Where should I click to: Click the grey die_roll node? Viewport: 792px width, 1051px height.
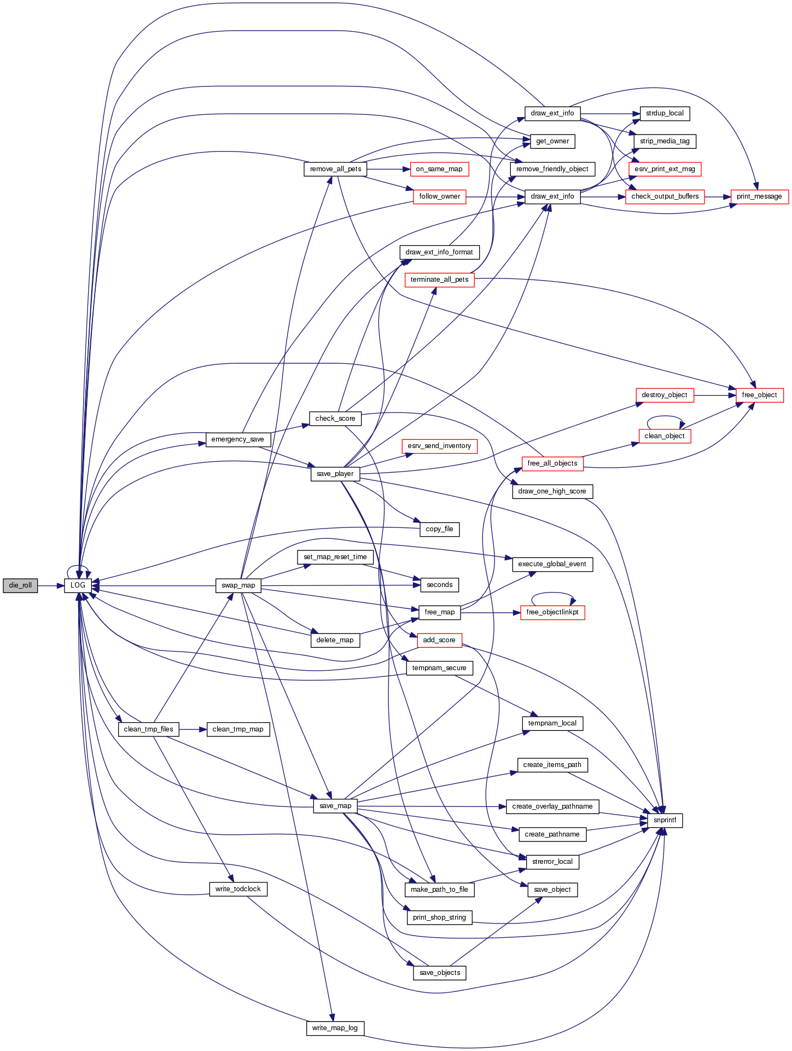coord(20,585)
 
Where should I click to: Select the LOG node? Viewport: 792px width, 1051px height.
coord(78,585)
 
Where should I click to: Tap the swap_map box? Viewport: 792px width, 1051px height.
coord(238,585)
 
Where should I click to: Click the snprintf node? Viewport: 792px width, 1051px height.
coord(665,820)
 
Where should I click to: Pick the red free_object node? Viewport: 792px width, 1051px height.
coord(759,395)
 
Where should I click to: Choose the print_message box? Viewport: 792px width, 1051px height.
coord(759,196)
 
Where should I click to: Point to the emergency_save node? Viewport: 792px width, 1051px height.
coord(237,439)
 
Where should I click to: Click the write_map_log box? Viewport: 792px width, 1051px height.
coord(335,1028)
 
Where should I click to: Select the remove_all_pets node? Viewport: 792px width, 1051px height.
coord(335,169)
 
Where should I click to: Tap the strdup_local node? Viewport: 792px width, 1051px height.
coord(665,113)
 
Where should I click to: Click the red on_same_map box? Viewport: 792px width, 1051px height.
coord(439,169)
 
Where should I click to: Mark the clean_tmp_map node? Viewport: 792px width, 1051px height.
coord(238,729)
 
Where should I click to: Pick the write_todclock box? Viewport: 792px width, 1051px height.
coord(238,889)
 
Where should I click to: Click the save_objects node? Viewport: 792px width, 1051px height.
coord(440,973)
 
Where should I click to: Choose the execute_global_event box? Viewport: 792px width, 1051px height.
coord(552,564)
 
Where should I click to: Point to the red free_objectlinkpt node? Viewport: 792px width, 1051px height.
coord(552,612)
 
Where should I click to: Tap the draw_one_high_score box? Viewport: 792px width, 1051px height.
coord(552,491)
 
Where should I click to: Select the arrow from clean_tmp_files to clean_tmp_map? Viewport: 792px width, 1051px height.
coord(193,729)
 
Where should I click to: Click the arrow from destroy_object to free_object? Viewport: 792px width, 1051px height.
coord(715,395)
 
